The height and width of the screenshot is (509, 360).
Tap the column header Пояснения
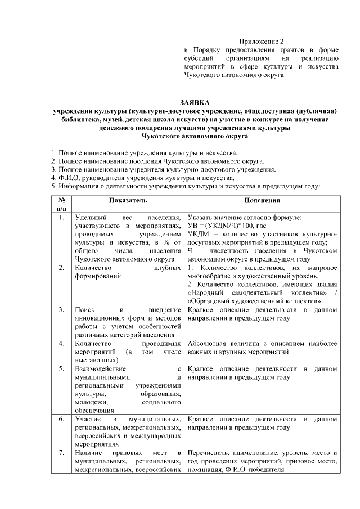coord(263,200)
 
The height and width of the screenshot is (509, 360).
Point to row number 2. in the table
coord(61,268)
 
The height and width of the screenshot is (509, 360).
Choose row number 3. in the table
coord(61,310)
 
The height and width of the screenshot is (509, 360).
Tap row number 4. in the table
coord(61,343)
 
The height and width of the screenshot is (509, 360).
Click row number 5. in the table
coord(61,368)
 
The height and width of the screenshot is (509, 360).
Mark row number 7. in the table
coord(61,453)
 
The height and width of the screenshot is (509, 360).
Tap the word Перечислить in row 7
coord(209,453)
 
